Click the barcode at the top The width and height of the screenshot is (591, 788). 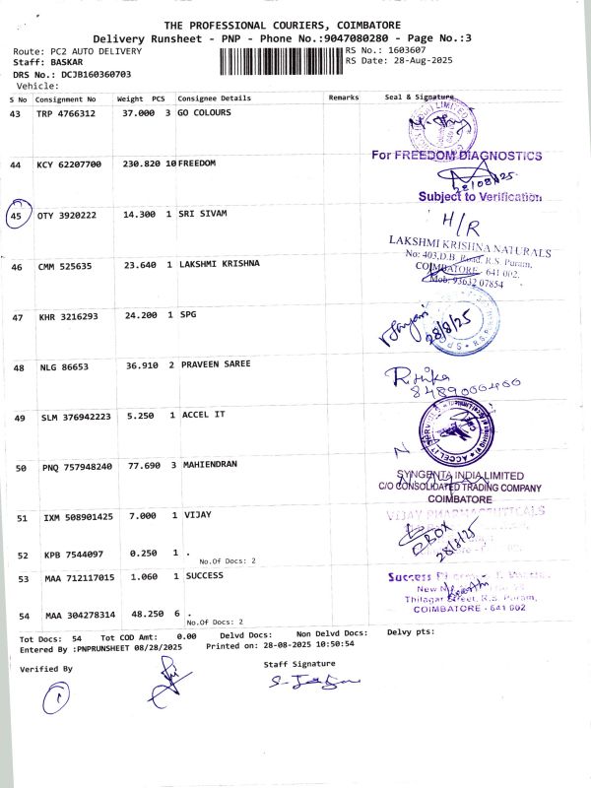tap(281, 61)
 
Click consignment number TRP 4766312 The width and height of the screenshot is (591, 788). tap(66, 114)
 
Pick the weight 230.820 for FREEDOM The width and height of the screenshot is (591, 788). tap(142, 164)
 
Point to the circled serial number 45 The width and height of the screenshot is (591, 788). tap(18, 215)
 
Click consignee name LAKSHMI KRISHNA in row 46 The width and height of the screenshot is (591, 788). tap(219, 264)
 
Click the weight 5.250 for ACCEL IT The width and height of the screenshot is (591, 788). tap(140, 415)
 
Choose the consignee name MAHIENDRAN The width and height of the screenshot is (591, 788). tap(210, 464)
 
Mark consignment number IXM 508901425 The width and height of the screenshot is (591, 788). tap(78, 516)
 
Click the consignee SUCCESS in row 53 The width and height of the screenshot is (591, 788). tap(204, 576)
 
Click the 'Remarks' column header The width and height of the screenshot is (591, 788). tap(344, 98)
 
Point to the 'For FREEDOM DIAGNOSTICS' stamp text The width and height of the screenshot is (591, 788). tap(456, 156)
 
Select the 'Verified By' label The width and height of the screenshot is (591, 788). tap(46, 669)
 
